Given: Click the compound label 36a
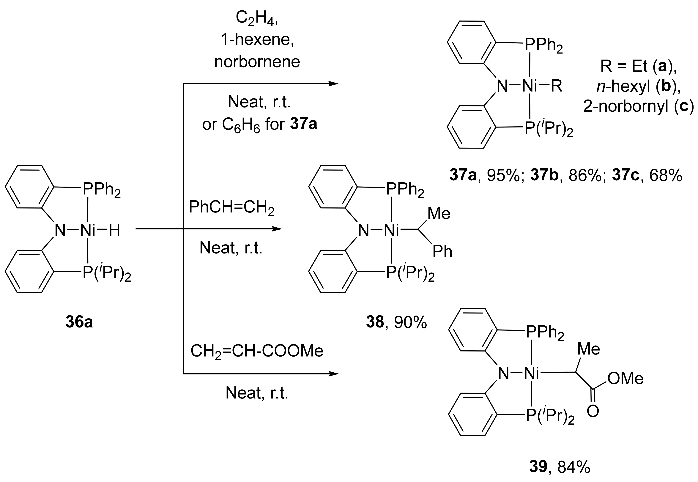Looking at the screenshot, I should click(79, 322).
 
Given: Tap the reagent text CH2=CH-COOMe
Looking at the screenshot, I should click(257, 351).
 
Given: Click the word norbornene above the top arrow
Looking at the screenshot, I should click(257, 62).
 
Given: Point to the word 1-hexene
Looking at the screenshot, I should click(257, 40).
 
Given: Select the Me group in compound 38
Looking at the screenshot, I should click(439, 214).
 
